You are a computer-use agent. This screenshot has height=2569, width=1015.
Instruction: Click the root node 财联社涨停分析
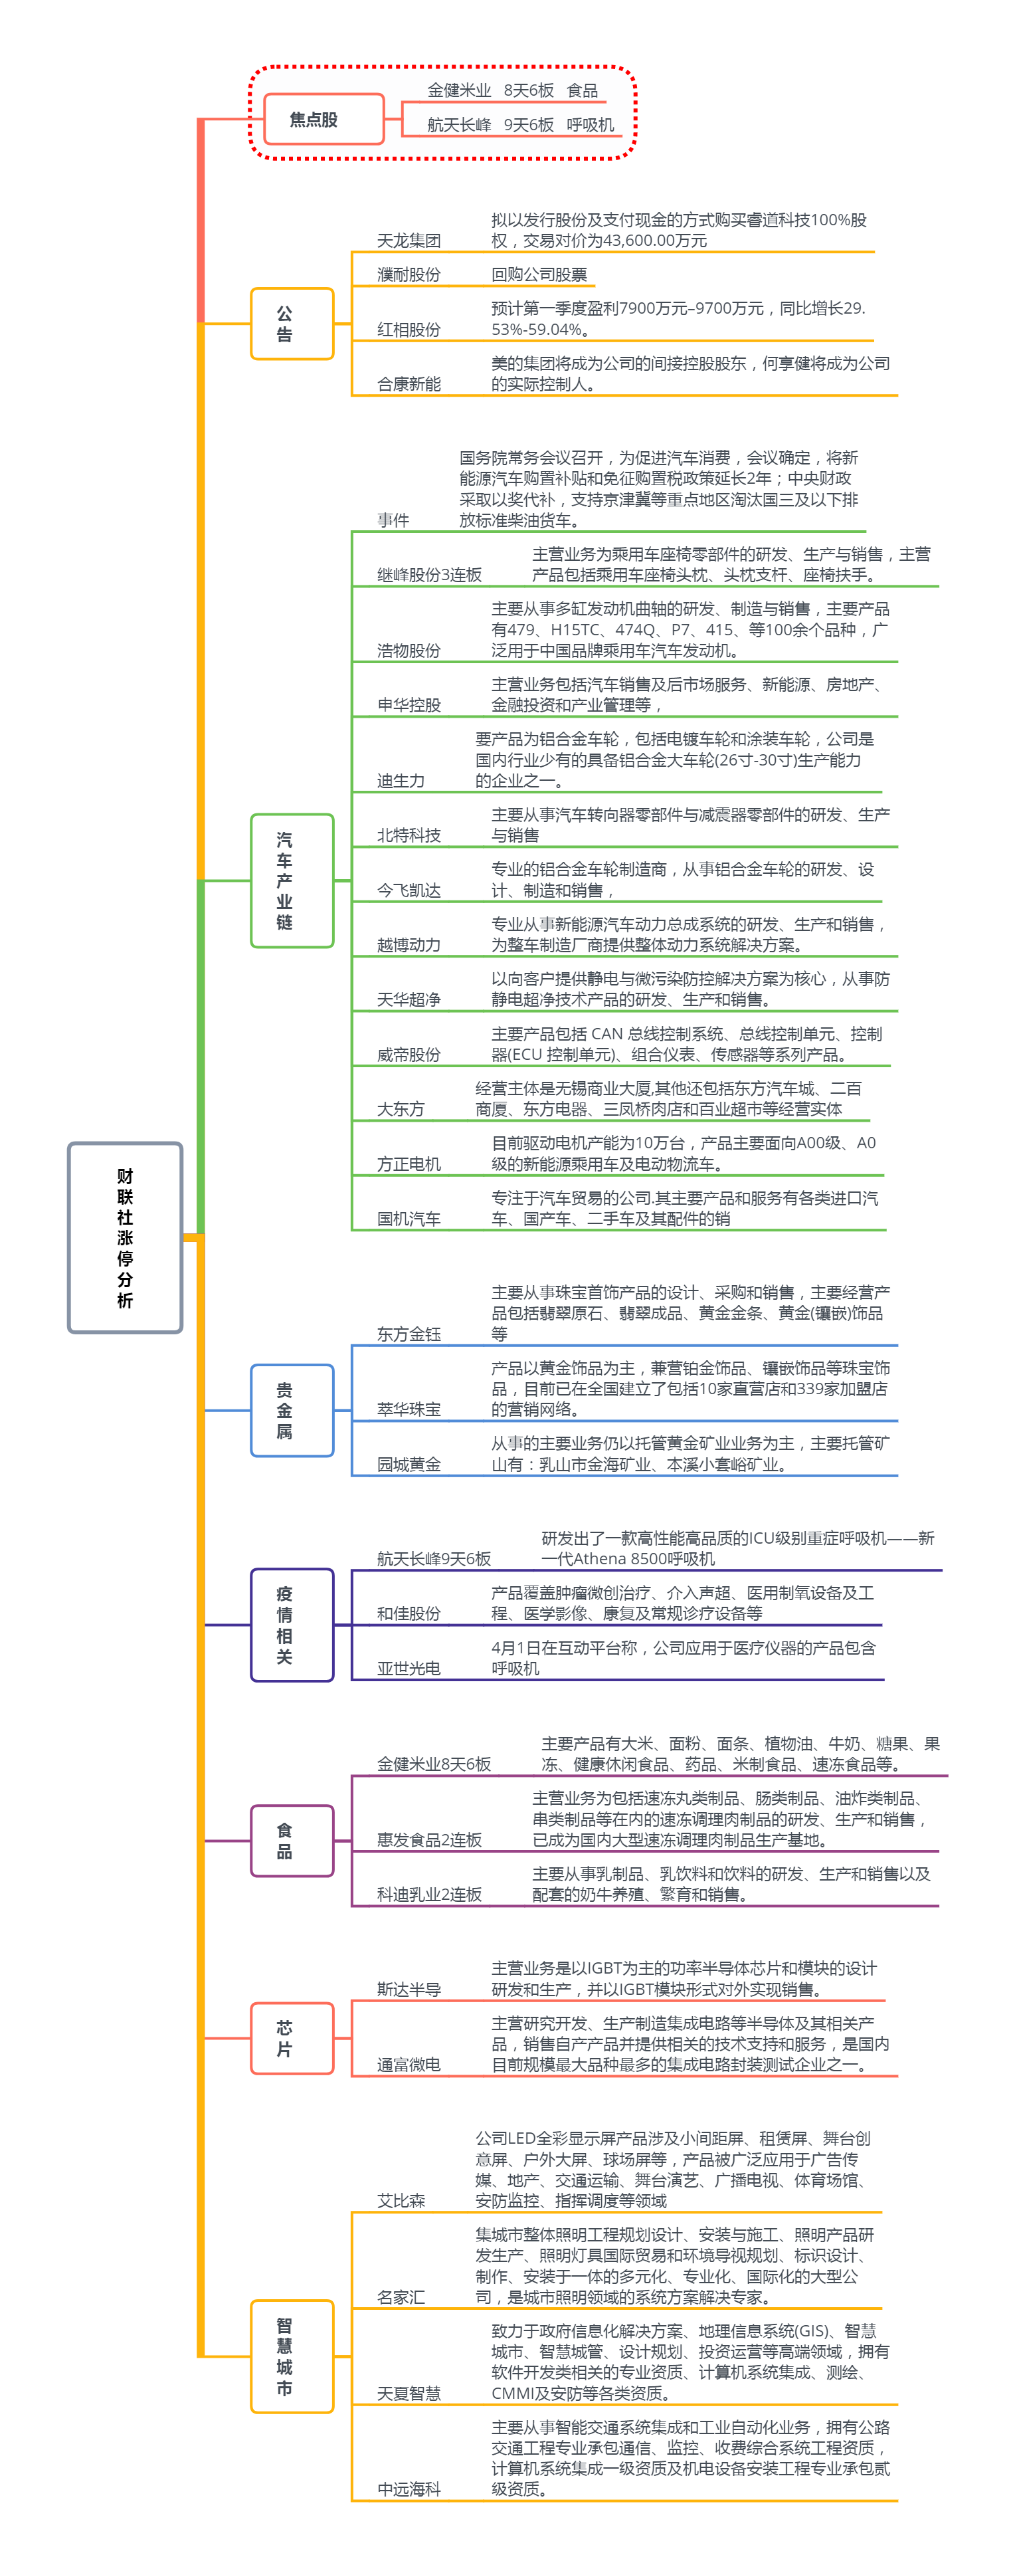pyautogui.click(x=125, y=1237)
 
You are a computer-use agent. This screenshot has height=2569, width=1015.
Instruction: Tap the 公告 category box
pyautogui.click(x=291, y=323)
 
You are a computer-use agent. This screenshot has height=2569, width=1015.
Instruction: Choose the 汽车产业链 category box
pyautogui.click(x=291, y=880)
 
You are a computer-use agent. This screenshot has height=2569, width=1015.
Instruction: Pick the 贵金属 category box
pyautogui.click(x=291, y=1410)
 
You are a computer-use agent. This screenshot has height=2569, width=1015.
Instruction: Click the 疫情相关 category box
pyautogui.click(x=291, y=1625)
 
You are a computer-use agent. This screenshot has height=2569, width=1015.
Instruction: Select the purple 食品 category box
pyautogui.click(x=291, y=1840)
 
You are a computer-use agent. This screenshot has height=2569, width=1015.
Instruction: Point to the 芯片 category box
pyautogui.click(x=291, y=2039)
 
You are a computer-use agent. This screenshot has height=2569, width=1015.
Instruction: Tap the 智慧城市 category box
pyautogui.click(x=291, y=2356)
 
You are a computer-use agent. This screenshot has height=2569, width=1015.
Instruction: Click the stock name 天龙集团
pyautogui.click(x=409, y=241)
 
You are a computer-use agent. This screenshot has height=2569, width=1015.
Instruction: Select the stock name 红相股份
pyautogui.click(x=409, y=329)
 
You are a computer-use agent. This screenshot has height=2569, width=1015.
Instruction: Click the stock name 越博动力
pyautogui.click(x=409, y=944)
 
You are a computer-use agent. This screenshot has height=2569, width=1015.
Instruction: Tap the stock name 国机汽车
pyautogui.click(x=409, y=1219)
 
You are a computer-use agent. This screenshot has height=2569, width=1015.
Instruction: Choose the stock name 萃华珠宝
pyautogui.click(x=409, y=1409)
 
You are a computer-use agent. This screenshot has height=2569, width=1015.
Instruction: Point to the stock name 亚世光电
pyautogui.click(x=409, y=1667)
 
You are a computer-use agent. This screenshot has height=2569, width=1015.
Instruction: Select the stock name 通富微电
pyautogui.click(x=409, y=2065)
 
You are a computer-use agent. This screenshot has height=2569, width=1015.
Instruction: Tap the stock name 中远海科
pyautogui.click(x=409, y=2489)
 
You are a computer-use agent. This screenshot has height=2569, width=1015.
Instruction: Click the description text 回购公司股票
pyautogui.click(x=539, y=274)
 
